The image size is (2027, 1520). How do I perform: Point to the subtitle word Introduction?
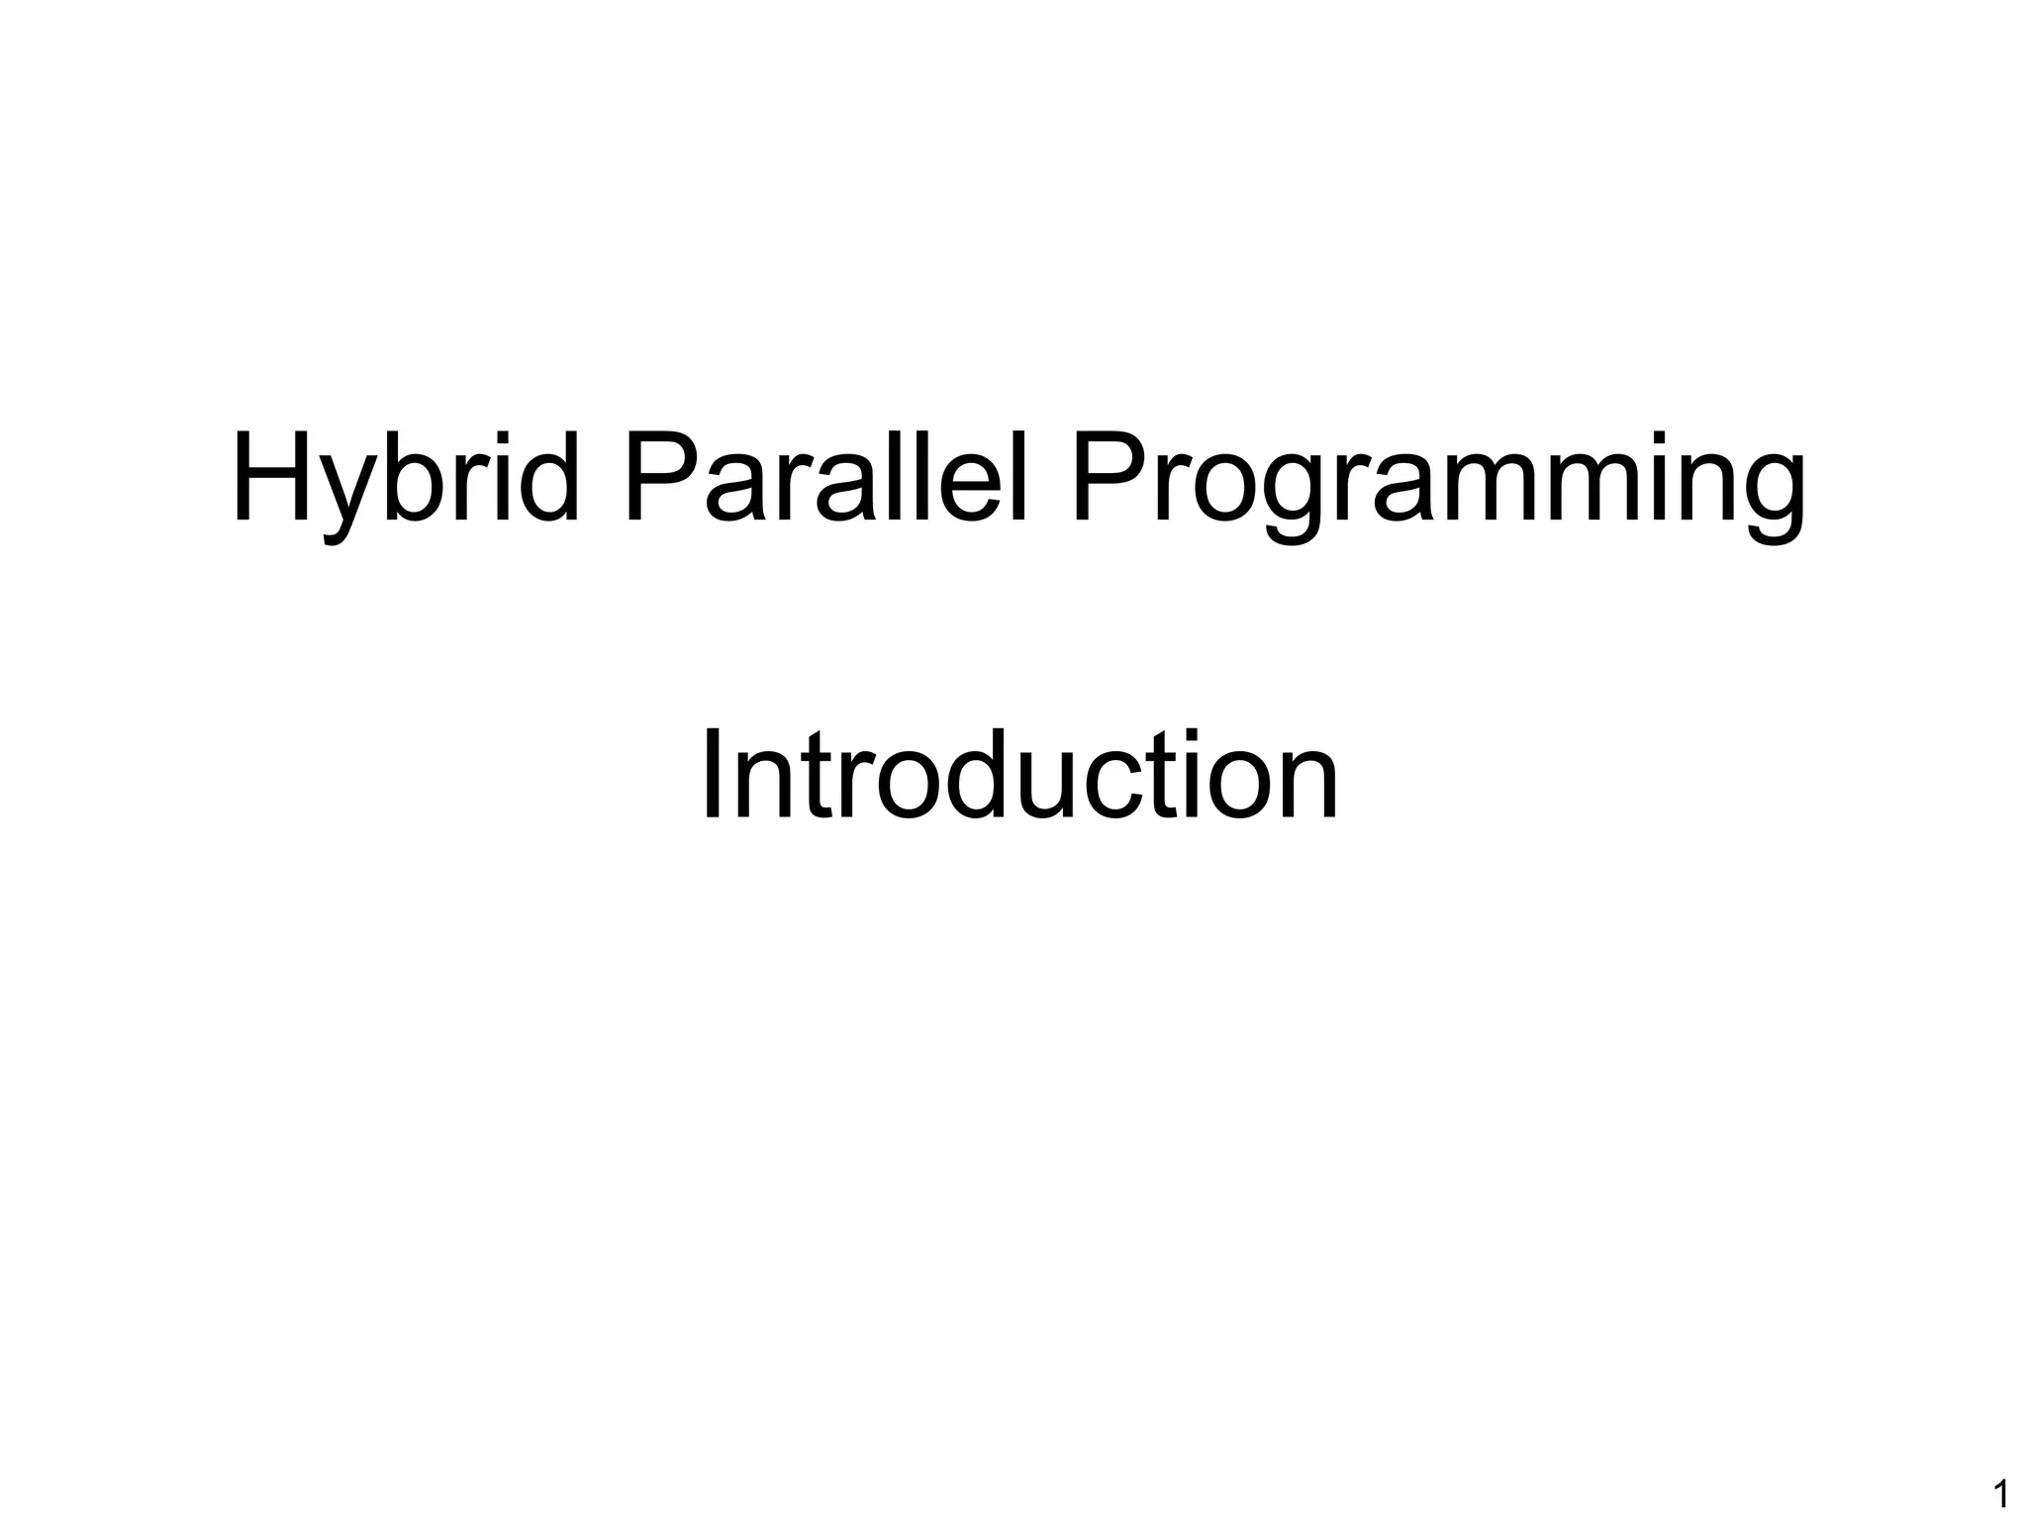point(1018,778)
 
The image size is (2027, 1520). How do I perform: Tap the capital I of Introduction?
point(713,778)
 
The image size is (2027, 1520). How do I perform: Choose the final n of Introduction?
point(1309,789)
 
